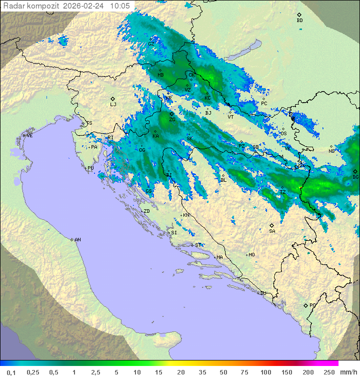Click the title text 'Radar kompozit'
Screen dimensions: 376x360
coord(31,6)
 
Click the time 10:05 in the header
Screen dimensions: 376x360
coord(120,6)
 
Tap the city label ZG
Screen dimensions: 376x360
coord(172,120)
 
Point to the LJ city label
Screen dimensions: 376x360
coord(113,104)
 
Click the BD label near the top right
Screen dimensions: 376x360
coord(299,21)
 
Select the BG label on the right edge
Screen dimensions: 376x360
coord(355,177)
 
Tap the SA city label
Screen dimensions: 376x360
coord(272,231)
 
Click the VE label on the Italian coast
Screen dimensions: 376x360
coord(29,136)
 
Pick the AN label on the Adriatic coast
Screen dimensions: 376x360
coord(77,240)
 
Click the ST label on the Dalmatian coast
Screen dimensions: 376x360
coord(198,245)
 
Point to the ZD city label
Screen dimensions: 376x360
coord(146,211)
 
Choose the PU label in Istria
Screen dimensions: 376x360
coord(90,168)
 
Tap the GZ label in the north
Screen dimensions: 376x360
coord(151,44)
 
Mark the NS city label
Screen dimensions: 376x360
coord(331,151)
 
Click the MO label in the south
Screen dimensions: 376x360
coord(251,254)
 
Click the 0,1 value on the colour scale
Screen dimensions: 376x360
coord(11,372)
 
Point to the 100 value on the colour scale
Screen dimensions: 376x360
coord(265,372)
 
